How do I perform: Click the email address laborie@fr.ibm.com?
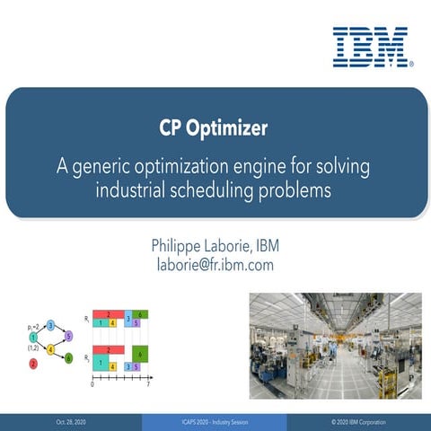click(215, 265)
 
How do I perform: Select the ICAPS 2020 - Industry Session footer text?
click(215, 422)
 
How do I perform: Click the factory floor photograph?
click(334, 346)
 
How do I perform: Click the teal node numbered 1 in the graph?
click(33, 336)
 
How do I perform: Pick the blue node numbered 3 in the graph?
click(51, 324)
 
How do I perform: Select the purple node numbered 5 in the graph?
click(69, 336)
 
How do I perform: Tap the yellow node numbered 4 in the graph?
click(51, 348)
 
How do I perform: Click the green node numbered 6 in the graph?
click(69, 358)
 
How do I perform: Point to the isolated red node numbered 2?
click(33, 364)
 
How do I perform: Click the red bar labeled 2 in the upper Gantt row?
click(109, 314)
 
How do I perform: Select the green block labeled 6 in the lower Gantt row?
click(140, 355)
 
